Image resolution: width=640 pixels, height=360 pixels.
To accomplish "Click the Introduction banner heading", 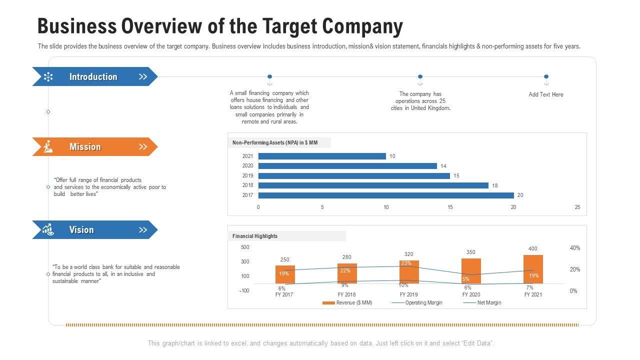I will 93,76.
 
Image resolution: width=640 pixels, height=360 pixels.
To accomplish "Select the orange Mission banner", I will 95,146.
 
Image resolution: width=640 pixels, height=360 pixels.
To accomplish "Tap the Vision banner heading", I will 81,229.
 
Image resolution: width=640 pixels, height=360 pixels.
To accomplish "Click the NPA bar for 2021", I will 322,156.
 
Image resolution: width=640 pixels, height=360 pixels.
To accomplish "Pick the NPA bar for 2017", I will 386,195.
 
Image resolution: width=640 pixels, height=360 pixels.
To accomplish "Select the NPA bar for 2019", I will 354,175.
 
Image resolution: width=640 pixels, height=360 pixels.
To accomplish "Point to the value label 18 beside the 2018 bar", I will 495,185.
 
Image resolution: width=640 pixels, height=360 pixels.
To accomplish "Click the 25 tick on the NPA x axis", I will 577,207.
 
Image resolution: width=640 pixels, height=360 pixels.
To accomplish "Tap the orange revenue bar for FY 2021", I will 533,269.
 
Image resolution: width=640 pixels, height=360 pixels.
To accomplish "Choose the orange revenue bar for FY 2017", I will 285,274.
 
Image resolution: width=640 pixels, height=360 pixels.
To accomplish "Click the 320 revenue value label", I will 409,254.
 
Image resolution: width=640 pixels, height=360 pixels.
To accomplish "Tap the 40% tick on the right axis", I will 575,248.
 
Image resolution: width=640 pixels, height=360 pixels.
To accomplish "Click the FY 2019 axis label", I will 408,294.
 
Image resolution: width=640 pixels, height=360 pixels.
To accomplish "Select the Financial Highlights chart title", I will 255,236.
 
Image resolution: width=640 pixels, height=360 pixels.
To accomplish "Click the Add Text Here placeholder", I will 546,94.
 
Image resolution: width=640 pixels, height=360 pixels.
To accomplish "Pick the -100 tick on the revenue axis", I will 244,290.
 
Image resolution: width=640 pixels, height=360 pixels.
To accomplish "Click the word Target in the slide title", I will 286,26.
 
